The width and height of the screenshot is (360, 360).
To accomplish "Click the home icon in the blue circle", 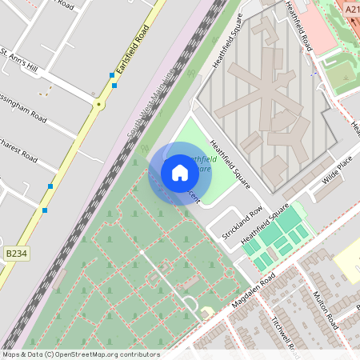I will click(180, 173).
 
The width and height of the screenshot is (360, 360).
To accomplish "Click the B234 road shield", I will click(15, 254).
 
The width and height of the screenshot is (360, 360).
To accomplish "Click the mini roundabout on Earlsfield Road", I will click(99, 104).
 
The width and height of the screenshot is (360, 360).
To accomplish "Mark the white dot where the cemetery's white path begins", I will click(142, 252).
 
